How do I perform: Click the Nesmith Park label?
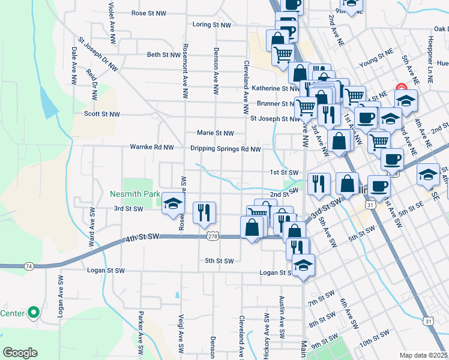tap(135, 194)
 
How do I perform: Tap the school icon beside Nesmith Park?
tap(172, 204)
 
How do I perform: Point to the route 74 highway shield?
tap(28, 265)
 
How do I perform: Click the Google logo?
tap(20, 352)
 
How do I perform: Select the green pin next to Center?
tap(34, 313)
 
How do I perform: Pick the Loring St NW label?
tap(212, 25)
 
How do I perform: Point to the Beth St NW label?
tap(164, 55)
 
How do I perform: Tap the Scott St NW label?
tap(102, 113)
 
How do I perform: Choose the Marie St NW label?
tap(215, 133)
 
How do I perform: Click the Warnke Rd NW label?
tap(152, 147)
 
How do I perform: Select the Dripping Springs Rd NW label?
tap(225, 149)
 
